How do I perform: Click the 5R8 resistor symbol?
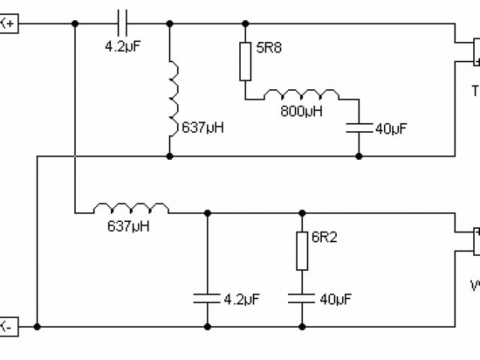click(245, 61)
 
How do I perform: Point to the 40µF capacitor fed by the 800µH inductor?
click(358, 128)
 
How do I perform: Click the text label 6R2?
click(325, 238)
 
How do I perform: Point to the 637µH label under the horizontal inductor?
click(125, 224)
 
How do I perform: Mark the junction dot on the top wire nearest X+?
click(75, 24)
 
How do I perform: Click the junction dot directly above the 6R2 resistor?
click(301, 212)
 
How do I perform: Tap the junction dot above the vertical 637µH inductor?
click(172, 24)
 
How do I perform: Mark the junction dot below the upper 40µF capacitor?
click(358, 156)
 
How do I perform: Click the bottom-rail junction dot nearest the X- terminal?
click(37, 326)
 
